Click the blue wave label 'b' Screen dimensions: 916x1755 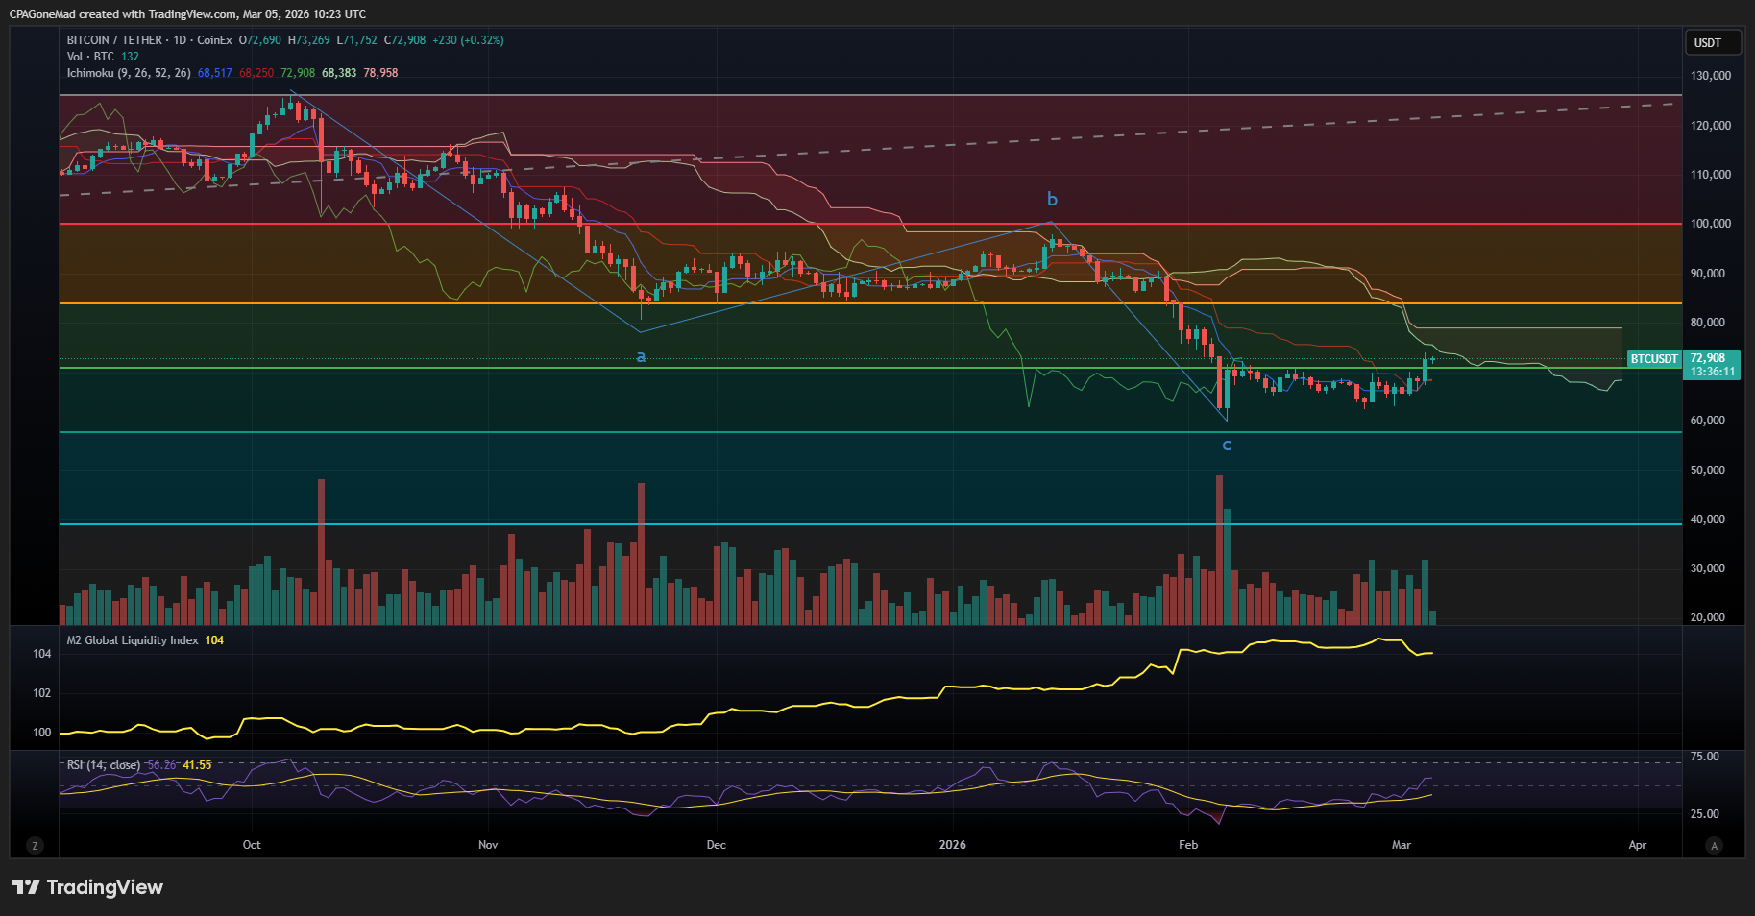click(x=1052, y=200)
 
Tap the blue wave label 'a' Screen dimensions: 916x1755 click(x=641, y=357)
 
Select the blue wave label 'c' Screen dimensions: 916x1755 click(x=1227, y=445)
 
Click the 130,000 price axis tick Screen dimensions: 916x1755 click(x=1710, y=76)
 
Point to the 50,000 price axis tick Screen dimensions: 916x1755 click(x=1710, y=470)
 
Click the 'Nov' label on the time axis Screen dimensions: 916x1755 click(x=488, y=845)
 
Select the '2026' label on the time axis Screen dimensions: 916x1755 click(x=952, y=845)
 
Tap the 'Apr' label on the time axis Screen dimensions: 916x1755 click(x=1637, y=845)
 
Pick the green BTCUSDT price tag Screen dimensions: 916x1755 click(x=1653, y=359)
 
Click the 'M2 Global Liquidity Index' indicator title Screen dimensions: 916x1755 click(x=133, y=640)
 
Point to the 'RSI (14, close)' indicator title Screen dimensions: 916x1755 click(x=104, y=765)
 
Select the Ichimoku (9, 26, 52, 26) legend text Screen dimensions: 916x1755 click(x=129, y=73)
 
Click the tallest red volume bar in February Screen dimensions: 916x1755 click(x=1219, y=547)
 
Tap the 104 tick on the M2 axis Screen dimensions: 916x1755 click(x=42, y=654)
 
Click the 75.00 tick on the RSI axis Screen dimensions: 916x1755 click(x=1704, y=757)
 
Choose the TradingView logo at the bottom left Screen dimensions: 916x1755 click(x=87, y=887)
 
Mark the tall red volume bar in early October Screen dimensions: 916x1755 click(x=321, y=552)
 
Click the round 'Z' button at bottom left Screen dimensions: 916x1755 click(x=36, y=846)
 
